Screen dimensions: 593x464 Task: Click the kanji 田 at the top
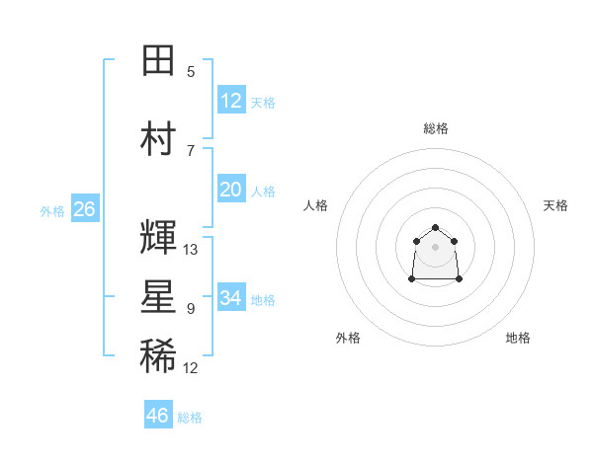coord(158,60)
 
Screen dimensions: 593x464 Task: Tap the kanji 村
coord(158,138)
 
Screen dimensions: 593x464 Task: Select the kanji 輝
coord(158,237)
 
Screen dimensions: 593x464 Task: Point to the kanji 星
coord(158,296)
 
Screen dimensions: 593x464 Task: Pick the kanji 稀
coord(158,355)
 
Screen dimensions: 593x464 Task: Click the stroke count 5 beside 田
coord(191,72)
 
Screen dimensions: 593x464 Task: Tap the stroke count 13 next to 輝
coord(190,250)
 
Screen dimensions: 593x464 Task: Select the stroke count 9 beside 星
coord(191,309)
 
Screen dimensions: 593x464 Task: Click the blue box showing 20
coord(231,189)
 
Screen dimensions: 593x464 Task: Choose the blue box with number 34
coord(231,296)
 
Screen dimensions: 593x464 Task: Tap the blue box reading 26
coord(85,208)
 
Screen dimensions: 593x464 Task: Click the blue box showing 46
coord(158,414)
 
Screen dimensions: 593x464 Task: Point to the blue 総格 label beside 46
coord(190,418)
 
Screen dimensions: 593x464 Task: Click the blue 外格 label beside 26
coord(52,211)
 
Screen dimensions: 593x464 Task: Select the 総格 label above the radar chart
coord(436,128)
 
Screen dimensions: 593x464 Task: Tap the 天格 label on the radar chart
coord(555,205)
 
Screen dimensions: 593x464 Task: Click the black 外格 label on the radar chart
coord(348,338)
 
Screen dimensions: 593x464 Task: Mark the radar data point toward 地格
coord(459,278)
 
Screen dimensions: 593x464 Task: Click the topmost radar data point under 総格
coord(435,227)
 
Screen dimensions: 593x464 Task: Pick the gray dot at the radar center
coord(435,247)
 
